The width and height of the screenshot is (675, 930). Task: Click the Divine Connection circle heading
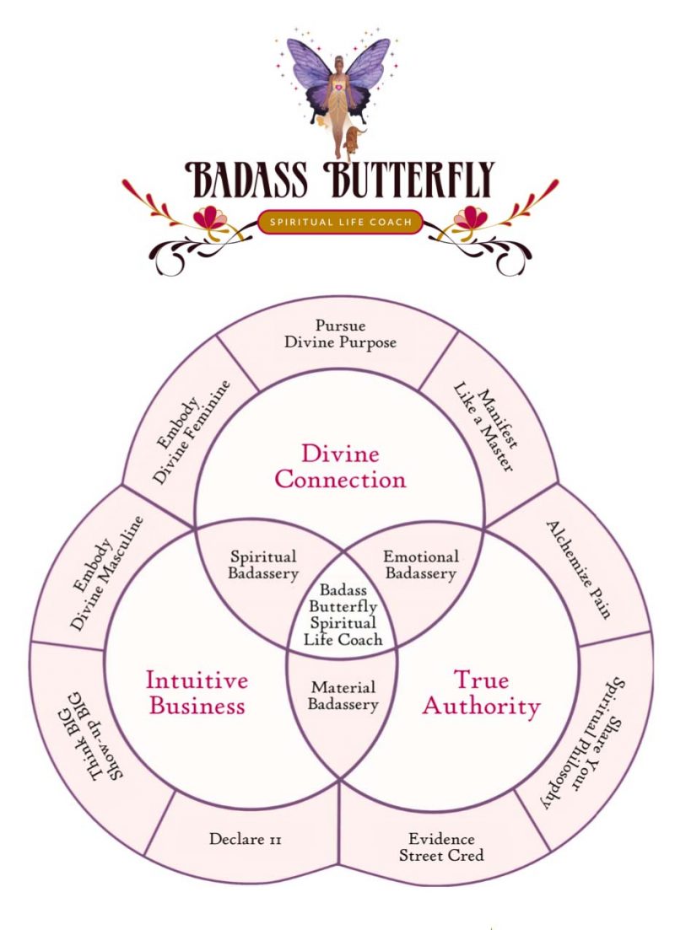click(x=340, y=466)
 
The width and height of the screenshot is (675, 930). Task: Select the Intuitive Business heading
click(x=197, y=691)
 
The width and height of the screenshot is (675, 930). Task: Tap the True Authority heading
click(x=481, y=691)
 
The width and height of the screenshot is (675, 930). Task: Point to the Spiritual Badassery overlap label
click(x=263, y=566)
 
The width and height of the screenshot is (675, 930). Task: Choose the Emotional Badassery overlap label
click(x=420, y=565)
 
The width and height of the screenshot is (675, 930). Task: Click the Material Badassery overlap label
click(x=343, y=696)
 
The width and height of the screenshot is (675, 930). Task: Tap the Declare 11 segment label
click(x=245, y=840)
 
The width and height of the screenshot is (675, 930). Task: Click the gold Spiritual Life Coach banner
click(x=341, y=223)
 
